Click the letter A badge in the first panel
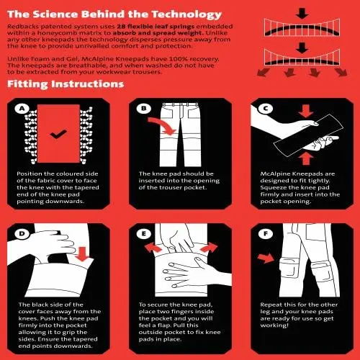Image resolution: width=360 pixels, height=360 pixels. tap(22, 109)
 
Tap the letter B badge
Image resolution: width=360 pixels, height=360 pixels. tap(144, 109)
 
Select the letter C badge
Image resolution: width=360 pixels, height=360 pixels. tap(266, 109)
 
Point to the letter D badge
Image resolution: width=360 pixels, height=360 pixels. tap(22, 233)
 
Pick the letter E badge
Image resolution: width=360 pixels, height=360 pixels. tap(144, 233)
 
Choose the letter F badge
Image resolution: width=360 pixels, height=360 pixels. tap(266, 233)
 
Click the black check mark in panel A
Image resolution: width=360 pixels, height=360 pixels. tap(58, 134)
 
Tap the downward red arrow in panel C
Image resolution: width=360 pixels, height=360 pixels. tap(306, 111)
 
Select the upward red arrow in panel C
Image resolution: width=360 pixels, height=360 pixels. tap(305, 159)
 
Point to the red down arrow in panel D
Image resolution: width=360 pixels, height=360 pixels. tap(82, 254)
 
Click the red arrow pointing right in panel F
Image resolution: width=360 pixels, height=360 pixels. tap(266, 258)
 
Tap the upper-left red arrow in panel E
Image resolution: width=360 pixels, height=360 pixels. tap(153, 247)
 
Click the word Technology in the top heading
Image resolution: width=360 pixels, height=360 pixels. tap(186, 14)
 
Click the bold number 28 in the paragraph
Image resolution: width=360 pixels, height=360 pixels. tap(122, 27)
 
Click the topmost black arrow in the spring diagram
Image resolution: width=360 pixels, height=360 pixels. tap(302, 13)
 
